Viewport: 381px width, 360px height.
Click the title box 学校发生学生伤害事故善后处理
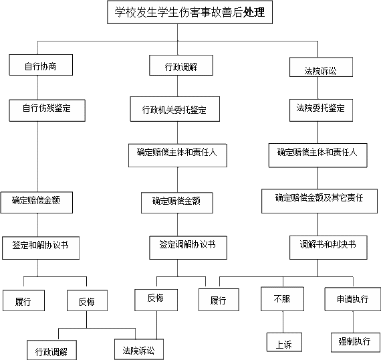tap(190, 12)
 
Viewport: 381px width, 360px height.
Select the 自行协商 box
tap(41, 65)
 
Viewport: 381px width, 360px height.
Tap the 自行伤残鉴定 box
tap(47, 110)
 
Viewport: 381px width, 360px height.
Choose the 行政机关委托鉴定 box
tap(175, 109)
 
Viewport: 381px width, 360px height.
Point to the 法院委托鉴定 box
tap(321, 110)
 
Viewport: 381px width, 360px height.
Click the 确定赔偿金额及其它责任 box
tap(320, 201)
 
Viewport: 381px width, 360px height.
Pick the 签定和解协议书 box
tap(41, 248)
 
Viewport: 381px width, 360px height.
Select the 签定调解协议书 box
tap(188, 248)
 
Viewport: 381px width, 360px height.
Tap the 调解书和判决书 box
tap(328, 248)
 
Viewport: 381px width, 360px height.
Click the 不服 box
tap(282, 299)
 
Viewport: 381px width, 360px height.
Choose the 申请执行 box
tap(353, 299)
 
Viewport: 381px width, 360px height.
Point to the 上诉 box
tap(284, 342)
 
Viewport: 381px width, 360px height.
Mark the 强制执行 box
tap(356, 343)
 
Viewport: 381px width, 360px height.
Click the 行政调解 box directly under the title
tap(181, 65)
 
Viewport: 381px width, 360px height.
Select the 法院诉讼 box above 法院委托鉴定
tap(321, 67)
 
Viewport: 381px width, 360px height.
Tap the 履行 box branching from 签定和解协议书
tap(23, 300)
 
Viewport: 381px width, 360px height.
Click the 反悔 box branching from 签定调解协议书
tap(156, 300)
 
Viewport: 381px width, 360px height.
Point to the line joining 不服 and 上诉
tap(283, 322)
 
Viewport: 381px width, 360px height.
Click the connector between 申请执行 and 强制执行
tap(353, 322)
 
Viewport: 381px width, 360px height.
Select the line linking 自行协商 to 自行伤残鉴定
tap(37, 88)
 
